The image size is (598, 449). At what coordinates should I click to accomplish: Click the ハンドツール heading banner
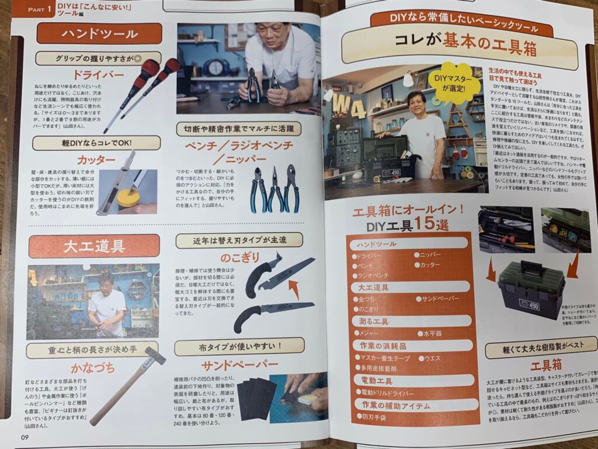click(99, 34)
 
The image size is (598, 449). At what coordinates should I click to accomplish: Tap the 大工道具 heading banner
click(93, 246)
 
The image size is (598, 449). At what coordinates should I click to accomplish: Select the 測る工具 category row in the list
click(409, 321)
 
